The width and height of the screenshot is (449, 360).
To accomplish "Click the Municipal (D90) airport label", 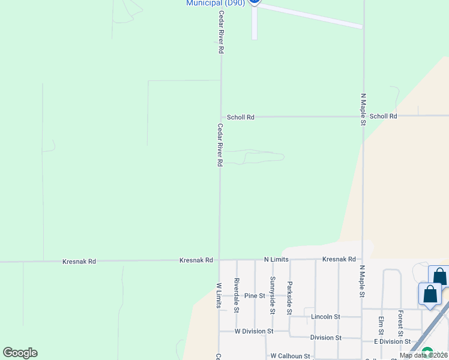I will pyautogui.click(x=215, y=3).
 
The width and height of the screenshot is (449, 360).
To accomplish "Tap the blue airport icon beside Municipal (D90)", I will pyautogui.click(x=255, y=2).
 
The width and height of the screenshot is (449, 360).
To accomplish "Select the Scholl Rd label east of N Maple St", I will pyautogui.click(x=383, y=116).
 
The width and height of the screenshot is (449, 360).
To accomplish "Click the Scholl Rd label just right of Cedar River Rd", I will pyautogui.click(x=240, y=117).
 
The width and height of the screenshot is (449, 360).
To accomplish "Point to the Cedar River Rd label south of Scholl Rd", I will pyautogui.click(x=220, y=145).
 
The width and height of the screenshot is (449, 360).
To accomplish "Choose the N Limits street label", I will pyautogui.click(x=276, y=259).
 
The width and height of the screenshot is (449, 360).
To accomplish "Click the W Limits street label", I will pyautogui.click(x=218, y=295).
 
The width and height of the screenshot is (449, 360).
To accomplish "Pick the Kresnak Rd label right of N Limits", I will pyautogui.click(x=339, y=259).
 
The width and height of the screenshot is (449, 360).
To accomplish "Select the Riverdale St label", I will pyautogui.click(x=237, y=295).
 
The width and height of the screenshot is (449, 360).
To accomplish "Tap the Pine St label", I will pyautogui.click(x=255, y=296).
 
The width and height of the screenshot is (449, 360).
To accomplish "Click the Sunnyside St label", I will pyautogui.click(x=272, y=295).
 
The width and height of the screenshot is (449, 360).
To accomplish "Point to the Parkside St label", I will pyautogui.click(x=289, y=298).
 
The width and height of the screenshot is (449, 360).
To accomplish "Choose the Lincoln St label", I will pyautogui.click(x=325, y=316).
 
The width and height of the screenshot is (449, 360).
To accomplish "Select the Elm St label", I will pyautogui.click(x=381, y=326).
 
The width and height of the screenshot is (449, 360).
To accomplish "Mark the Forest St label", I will pyautogui.click(x=400, y=323).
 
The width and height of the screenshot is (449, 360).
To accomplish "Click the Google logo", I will pyautogui.click(x=20, y=353).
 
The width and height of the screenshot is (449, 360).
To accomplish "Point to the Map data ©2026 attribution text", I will pyautogui.click(x=423, y=355).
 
